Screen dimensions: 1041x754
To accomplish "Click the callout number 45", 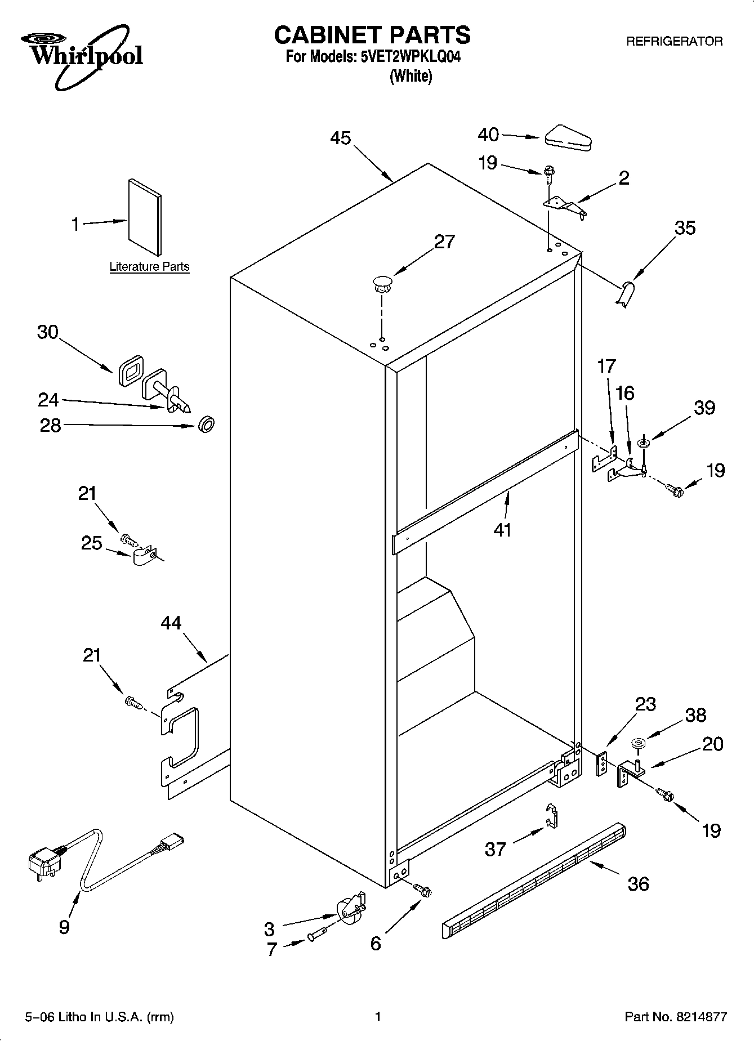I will (x=341, y=138).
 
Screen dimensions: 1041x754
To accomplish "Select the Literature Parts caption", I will (x=149, y=267).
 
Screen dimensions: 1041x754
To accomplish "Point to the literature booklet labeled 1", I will (x=145, y=217).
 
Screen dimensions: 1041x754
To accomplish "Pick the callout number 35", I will (x=685, y=228).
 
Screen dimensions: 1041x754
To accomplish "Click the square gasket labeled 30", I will (x=131, y=369).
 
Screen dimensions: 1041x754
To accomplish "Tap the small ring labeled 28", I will (x=207, y=425).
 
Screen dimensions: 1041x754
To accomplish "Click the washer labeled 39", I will (x=643, y=443).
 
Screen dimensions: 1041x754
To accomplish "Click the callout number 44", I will (x=171, y=623).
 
